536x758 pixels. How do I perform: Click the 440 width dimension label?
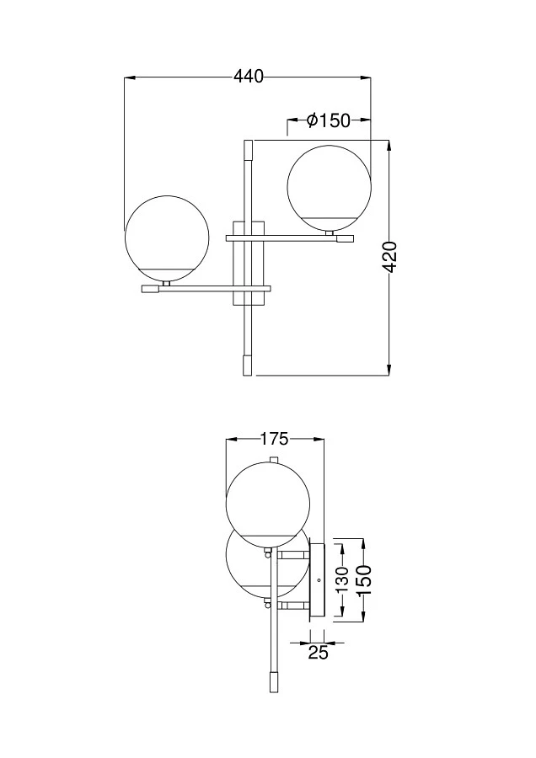pyautogui.click(x=249, y=77)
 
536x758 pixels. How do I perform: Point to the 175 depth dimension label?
pyautogui.click(x=274, y=439)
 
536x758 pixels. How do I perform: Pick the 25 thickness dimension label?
pyautogui.click(x=318, y=651)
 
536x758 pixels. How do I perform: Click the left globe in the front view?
pyautogui.click(x=164, y=235)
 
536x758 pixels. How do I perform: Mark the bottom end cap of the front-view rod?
pyautogui.click(x=247, y=366)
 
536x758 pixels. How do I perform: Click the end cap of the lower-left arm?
pyautogui.click(x=151, y=288)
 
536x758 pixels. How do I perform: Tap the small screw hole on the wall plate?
pyautogui.click(x=319, y=580)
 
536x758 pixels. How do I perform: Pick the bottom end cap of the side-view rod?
pyautogui.click(x=272, y=682)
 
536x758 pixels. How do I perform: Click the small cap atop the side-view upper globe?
pyautogui.click(x=272, y=459)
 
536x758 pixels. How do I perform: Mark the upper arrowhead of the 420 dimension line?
pyautogui.click(x=389, y=146)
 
